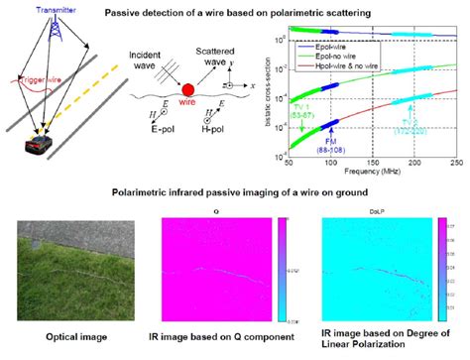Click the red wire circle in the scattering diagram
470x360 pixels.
coord(185,100)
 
